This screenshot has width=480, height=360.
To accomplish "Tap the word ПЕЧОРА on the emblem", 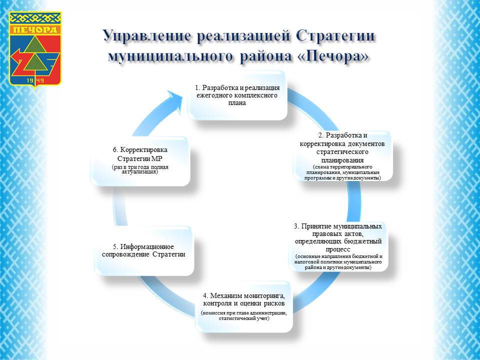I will [35, 29].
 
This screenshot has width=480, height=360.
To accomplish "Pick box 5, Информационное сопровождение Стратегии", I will [143, 250].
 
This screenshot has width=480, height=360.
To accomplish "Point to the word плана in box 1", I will [237, 102].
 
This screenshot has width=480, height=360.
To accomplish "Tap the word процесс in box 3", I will [338, 248].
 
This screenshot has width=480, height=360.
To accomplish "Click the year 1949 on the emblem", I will [35, 79].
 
